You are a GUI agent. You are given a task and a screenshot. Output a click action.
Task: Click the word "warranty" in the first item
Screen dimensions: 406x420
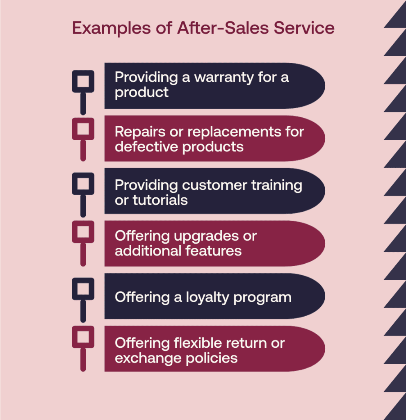tap(224, 78)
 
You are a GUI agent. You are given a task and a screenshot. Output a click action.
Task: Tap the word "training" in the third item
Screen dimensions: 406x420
tap(277, 186)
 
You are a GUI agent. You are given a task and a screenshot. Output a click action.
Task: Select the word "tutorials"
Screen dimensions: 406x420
tap(160, 200)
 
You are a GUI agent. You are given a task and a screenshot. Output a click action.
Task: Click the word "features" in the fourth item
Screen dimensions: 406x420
tap(213, 251)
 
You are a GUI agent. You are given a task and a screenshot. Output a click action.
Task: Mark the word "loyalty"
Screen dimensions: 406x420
tap(208, 298)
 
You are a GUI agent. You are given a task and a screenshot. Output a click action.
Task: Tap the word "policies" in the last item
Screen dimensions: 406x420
tap(212, 358)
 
